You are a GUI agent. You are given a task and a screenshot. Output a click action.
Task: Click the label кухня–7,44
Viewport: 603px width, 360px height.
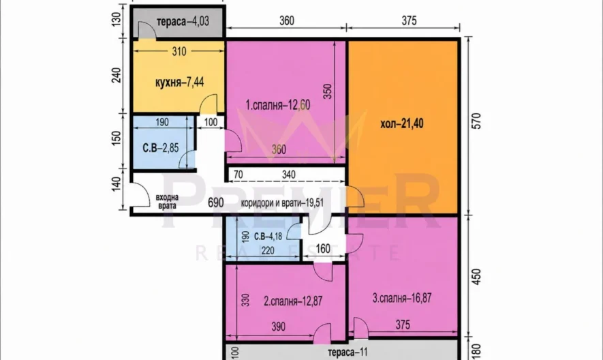(180, 82)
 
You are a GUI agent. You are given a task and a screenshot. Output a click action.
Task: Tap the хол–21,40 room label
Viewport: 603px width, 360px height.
(402, 123)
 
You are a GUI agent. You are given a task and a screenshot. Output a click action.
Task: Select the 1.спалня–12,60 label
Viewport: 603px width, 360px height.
(278, 105)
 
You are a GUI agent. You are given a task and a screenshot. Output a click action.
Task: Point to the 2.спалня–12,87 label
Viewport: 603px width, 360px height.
(293, 301)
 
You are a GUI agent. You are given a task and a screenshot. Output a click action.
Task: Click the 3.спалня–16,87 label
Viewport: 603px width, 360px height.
(402, 298)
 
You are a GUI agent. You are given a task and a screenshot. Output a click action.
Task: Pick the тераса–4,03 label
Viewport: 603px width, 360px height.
(183, 21)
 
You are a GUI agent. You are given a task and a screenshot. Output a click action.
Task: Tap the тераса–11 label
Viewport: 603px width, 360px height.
(347, 352)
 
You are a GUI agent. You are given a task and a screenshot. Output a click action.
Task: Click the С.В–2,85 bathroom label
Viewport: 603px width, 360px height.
(161, 147)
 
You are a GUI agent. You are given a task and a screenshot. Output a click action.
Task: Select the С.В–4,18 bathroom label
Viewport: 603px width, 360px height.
(268, 236)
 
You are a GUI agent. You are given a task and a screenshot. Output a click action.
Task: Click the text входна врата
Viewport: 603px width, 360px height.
(168, 201)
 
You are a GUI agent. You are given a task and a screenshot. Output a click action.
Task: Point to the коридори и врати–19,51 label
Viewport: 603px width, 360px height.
(282, 203)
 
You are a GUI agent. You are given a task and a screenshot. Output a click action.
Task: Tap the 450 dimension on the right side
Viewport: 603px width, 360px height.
(476, 277)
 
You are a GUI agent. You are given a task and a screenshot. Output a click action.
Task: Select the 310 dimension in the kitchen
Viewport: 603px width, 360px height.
(179, 51)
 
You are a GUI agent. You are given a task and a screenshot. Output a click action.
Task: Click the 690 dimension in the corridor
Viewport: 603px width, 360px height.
(216, 202)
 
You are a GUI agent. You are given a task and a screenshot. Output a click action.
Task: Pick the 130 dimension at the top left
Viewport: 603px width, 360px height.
(117, 18)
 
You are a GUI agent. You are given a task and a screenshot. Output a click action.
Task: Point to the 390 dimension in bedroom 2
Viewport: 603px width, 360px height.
(278, 327)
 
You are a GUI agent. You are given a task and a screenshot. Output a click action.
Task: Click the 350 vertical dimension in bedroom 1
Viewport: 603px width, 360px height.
(327, 91)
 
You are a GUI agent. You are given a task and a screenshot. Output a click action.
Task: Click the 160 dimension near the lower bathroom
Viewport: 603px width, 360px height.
(323, 249)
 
